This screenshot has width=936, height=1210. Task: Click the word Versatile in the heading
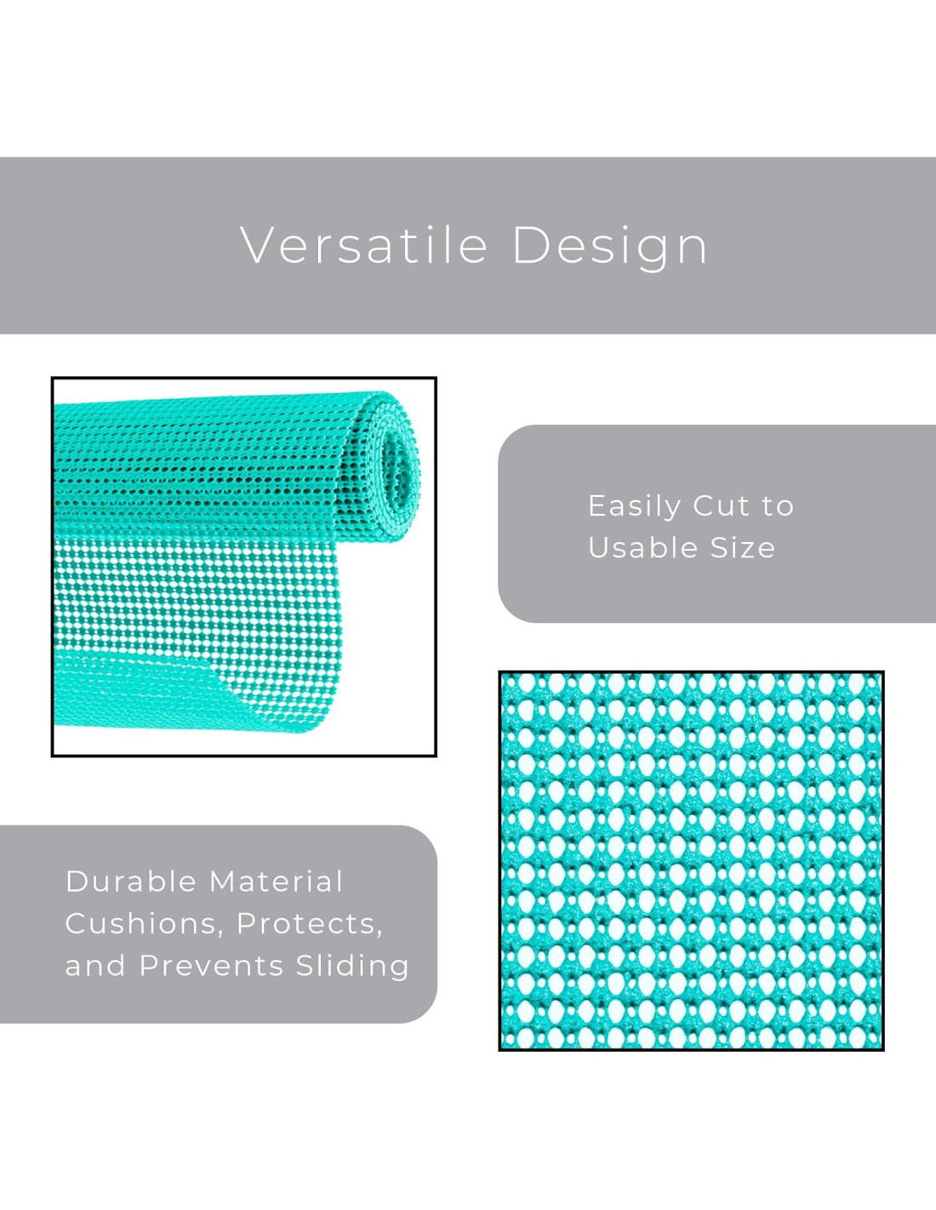364,246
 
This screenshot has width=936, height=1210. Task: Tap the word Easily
635,507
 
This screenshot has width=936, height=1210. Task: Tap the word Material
276,882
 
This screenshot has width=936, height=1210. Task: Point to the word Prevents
211,965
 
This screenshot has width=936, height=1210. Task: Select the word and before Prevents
95,966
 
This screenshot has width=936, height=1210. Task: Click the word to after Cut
778,506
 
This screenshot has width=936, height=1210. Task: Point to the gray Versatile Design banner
468,246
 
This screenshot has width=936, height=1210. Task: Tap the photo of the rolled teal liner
244,567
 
